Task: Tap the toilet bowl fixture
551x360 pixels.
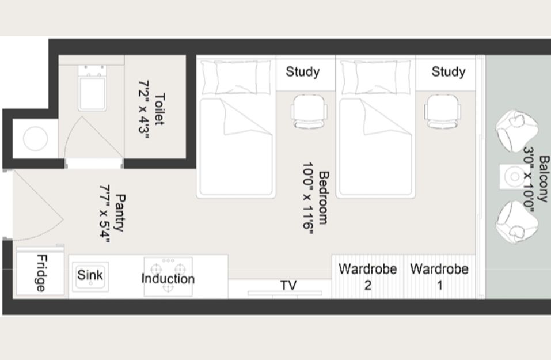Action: (x=92, y=88)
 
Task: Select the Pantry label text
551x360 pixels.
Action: (x=120, y=213)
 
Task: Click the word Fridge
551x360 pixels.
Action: (x=41, y=273)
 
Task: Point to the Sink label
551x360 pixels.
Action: (x=90, y=275)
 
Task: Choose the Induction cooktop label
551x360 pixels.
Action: (x=168, y=279)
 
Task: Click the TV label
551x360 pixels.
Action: (x=288, y=285)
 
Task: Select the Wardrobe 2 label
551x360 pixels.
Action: (x=367, y=277)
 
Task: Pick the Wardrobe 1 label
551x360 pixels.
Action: (x=439, y=277)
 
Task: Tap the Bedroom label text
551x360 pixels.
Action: (x=324, y=198)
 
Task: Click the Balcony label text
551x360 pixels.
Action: (x=544, y=179)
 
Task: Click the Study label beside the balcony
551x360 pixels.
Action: (x=449, y=72)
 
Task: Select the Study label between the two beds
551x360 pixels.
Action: (x=302, y=72)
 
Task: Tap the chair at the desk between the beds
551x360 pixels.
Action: (x=309, y=111)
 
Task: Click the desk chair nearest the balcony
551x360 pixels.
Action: (x=442, y=111)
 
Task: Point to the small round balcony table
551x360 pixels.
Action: (x=514, y=176)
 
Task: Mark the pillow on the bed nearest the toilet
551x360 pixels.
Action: (x=236, y=77)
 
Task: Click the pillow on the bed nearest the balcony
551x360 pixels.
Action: (x=375, y=77)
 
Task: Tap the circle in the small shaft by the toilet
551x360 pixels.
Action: (x=35, y=138)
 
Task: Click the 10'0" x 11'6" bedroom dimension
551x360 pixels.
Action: (x=308, y=198)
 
